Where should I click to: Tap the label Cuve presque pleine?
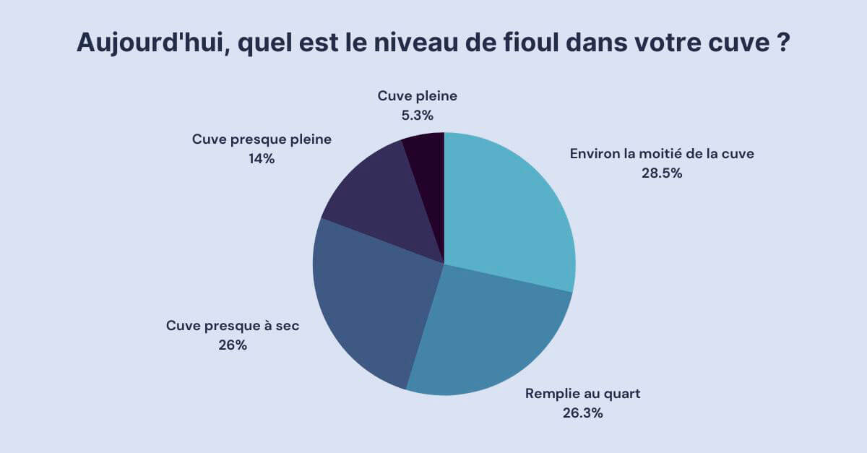tap(262, 139)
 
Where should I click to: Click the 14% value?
tap(261, 159)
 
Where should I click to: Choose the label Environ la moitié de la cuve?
tap(662, 154)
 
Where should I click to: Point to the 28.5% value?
tap(662, 173)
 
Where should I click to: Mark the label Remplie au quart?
tap(582, 394)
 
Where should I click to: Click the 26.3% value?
tap(582, 414)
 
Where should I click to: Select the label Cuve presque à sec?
tap(233, 326)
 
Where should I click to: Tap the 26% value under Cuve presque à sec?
tap(233, 345)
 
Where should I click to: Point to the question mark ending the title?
tap(783, 43)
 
